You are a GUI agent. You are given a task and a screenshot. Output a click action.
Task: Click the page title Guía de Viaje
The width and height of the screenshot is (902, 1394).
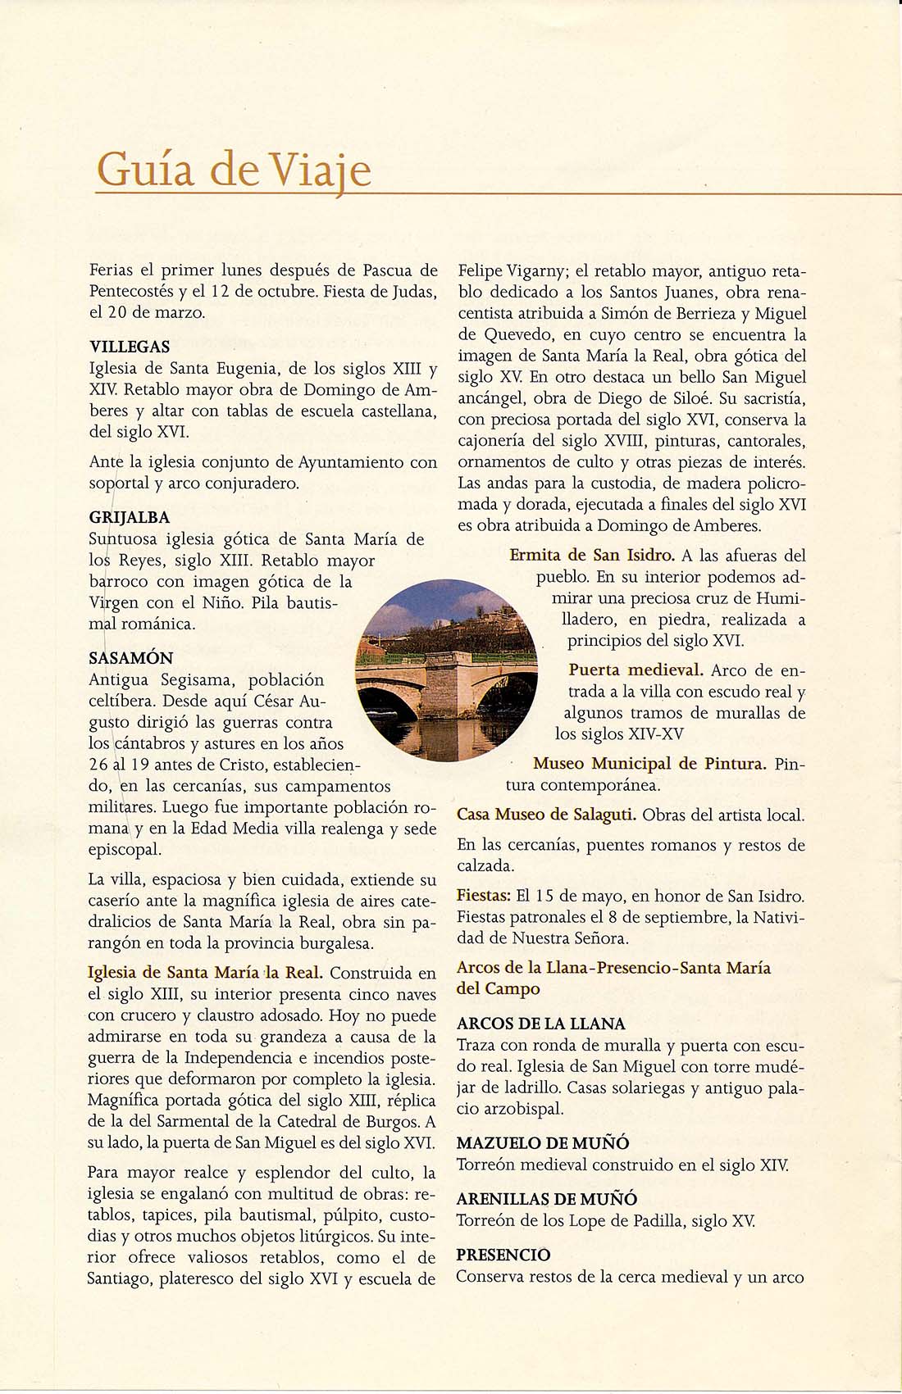pyautogui.click(x=234, y=170)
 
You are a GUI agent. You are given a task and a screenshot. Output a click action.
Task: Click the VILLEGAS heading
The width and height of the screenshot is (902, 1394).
pyautogui.click(x=130, y=347)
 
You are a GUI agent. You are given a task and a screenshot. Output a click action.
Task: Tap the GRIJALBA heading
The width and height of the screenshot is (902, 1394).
pyautogui.click(x=130, y=517)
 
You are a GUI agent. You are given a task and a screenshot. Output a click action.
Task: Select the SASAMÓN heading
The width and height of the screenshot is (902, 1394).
pyautogui.click(x=131, y=658)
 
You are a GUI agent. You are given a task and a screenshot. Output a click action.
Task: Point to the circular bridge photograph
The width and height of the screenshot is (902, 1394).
pyautogui.click(x=447, y=670)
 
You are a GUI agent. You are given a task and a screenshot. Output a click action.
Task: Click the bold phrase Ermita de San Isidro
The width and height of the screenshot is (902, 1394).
pyautogui.click(x=592, y=556)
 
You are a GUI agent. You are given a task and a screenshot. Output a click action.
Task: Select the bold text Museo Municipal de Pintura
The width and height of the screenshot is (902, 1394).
pyautogui.click(x=649, y=764)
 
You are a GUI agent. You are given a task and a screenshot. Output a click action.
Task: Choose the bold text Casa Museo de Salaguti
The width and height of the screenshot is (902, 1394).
pyautogui.click(x=546, y=815)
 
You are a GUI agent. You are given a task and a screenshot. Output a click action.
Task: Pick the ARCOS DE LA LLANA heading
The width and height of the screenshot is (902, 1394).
pyautogui.click(x=541, y=1024)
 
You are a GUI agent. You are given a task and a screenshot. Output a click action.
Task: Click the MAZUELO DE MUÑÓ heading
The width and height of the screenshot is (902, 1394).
pyautogui.click(x=543, y=1143)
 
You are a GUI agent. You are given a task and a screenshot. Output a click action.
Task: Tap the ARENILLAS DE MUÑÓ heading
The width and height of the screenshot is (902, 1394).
pyautogui.click(x=547, y=1199)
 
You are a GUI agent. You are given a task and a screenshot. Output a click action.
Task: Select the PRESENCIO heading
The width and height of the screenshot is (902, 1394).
pyautogui.click(x=503, y=1255)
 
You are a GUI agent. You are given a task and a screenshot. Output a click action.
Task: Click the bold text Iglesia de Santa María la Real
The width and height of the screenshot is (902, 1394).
pyautogui.click(x=205, y=973)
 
